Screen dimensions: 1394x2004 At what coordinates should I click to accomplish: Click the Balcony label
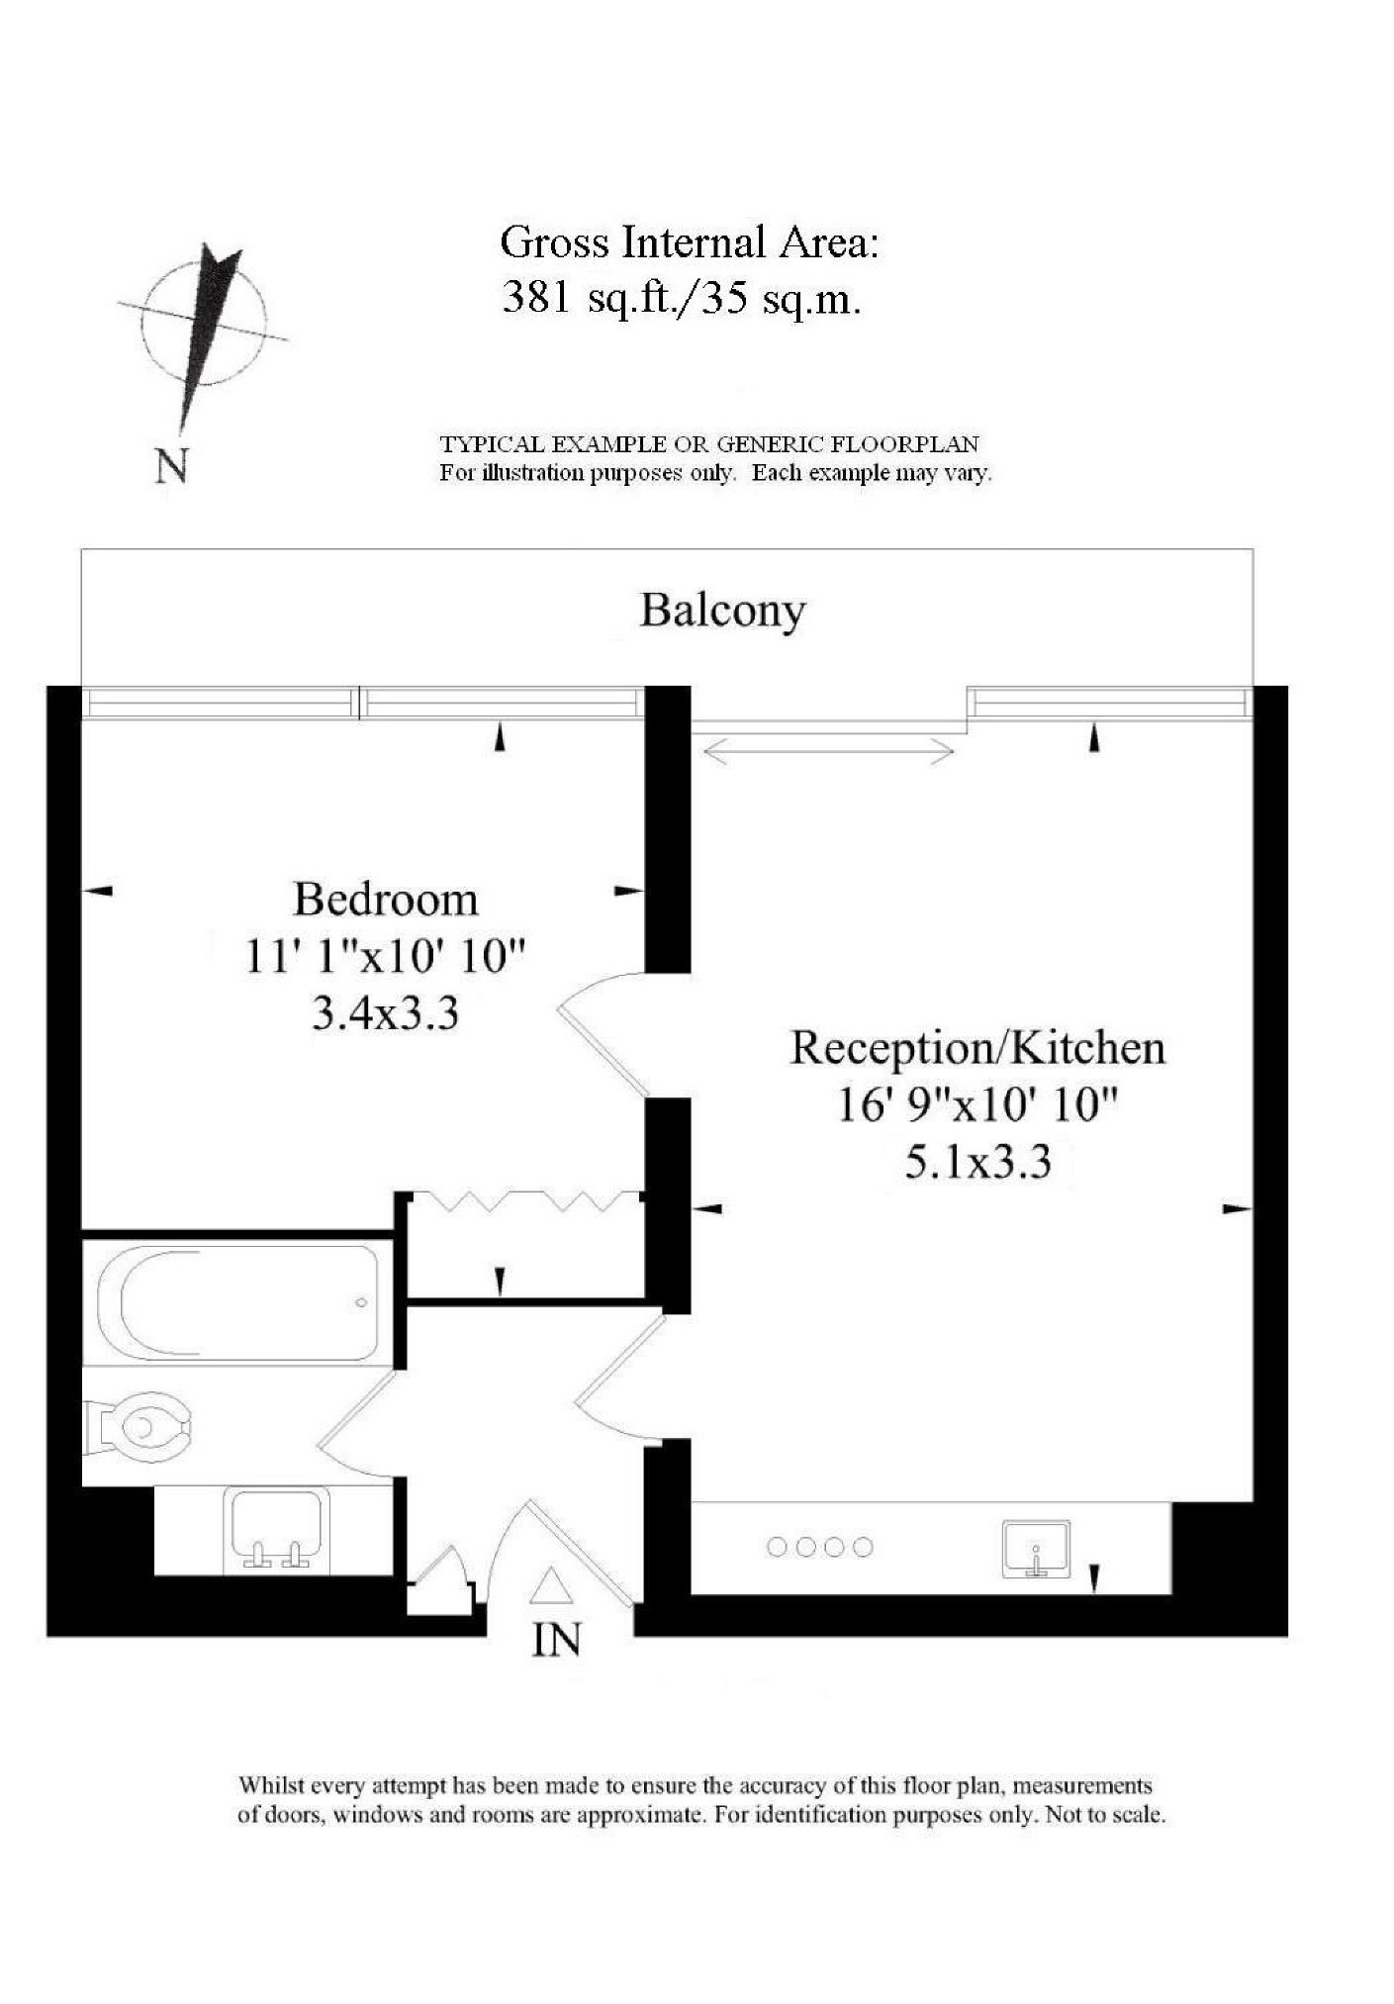[722, 611]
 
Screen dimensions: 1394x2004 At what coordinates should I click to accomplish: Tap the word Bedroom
[386, 900]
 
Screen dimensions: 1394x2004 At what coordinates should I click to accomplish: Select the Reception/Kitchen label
[977, 1048]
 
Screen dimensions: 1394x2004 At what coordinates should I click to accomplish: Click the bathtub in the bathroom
[237, 1302]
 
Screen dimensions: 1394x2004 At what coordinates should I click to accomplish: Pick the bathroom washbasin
[277, 1529]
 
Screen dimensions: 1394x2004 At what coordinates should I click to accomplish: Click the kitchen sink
[1035, 1549]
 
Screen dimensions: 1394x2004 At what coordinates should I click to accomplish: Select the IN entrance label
[556, 1640]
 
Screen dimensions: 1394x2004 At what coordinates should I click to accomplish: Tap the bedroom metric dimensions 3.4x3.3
[385, 1014]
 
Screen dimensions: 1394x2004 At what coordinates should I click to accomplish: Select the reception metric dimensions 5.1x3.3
[977, 1162]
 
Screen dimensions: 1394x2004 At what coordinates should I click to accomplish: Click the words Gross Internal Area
[689, 242]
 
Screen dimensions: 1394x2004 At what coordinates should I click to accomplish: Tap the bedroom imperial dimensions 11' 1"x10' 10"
[385, 957]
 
